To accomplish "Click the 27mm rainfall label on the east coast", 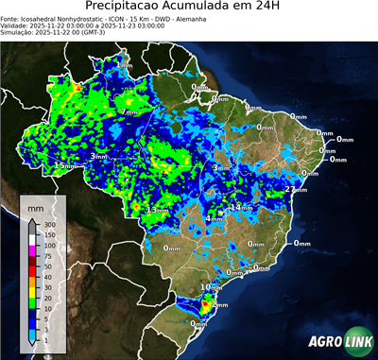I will tap(296, 190).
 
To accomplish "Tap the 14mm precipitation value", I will tap(242, 207).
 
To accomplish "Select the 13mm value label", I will tap(157, 209).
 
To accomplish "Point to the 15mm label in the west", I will tap(63, 165).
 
